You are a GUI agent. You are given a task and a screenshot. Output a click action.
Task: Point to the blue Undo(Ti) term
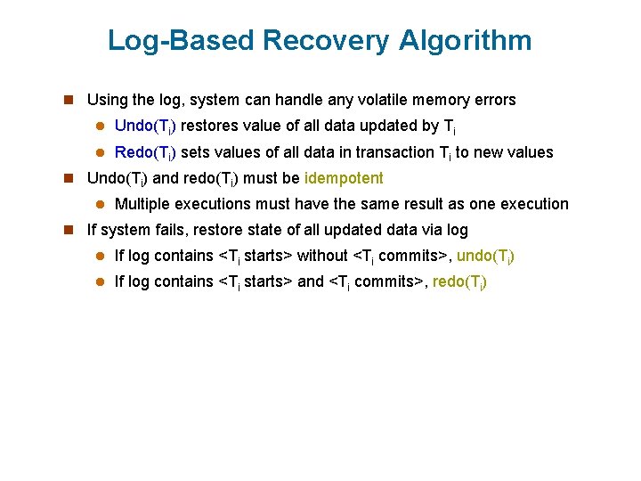pyautogui.click(x=145, y=126)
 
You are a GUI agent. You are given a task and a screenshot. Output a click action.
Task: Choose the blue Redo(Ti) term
pyautogui.click(x=144, y=152)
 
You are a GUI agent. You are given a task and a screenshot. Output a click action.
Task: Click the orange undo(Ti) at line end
pyautogui.click(x=485, y=256)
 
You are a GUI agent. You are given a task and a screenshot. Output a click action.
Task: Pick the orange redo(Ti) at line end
pyautogui.click(x=459, y=281)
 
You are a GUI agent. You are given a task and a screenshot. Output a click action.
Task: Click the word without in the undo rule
pyautogui.click(x=322, y=256)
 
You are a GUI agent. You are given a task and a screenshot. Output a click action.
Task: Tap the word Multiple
pyautogui.click(x=142, y=204)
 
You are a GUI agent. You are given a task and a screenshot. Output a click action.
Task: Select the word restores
pyautogui.click(x=211, y=126)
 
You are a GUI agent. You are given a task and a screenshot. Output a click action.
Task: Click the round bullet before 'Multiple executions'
pyautogui.click(x=101, y=205)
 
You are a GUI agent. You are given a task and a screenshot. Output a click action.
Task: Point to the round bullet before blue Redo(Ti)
pyautogui.click(x=101, y=153)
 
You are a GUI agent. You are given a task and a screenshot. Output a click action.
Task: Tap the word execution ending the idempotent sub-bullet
pyautogui.click(x=532, y=204)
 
